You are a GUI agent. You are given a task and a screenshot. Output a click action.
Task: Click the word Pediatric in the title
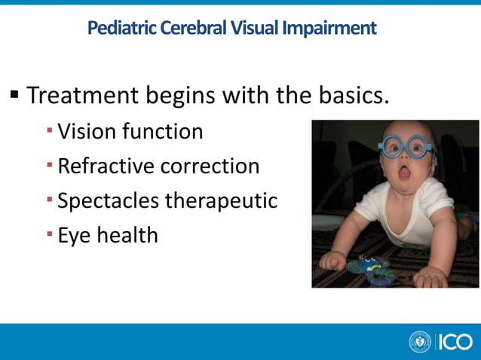tap(119, 29)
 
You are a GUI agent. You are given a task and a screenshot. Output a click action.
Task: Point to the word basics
tap(354, 96)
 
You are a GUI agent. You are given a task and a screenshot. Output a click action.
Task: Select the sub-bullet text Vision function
tap(130, 132)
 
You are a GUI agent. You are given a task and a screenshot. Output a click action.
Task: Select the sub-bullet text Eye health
tap(108, 236)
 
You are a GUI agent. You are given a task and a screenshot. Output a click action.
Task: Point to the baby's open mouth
tap(403, 173)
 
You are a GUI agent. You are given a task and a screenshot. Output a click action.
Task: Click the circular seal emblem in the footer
tap(419, 342)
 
